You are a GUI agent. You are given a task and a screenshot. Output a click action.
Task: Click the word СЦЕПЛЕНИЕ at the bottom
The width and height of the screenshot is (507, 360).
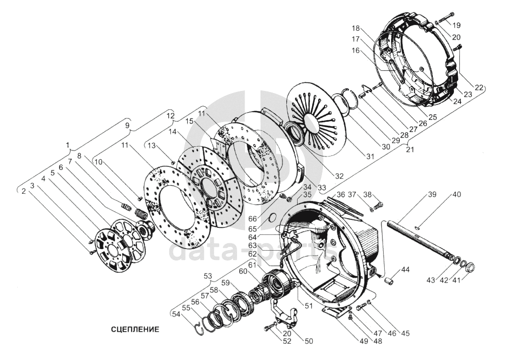[135, 329]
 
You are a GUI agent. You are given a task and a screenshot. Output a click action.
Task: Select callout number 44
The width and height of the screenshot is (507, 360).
[405, 269]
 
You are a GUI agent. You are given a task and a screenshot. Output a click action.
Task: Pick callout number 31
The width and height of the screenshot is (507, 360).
[370, 156]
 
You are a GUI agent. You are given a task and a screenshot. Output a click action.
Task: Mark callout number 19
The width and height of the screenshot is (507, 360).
[457, 25]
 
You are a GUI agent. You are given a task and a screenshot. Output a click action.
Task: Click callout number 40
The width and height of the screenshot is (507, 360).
[457, 195]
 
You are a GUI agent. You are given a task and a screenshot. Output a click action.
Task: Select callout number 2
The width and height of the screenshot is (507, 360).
[24, 191]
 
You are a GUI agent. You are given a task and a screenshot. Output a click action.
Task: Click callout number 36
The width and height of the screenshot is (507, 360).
[341, 194]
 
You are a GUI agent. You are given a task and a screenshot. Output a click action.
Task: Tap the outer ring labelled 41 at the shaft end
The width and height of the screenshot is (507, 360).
[469, 267]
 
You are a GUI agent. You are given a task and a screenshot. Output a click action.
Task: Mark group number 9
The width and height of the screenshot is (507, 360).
[128, 125]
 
